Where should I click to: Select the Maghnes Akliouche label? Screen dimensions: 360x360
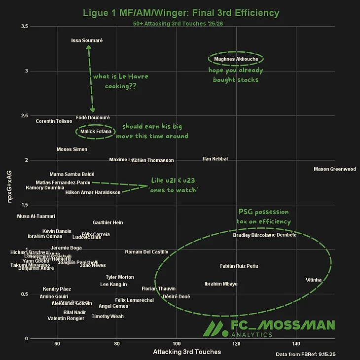pyautogui.click(x=236, y=59)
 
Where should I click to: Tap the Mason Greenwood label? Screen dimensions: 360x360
pyautogui.click(x=334, y=169)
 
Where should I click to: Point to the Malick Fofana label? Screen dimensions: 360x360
pyautogui.click(x=96, y=132)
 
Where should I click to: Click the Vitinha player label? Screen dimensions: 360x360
pyautogui.click(x=314, y=280)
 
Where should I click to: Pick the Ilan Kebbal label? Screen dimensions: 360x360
pyautogui.click(x=216, y=159)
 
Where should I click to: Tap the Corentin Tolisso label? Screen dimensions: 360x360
pyautogui.click(x=54, y=121)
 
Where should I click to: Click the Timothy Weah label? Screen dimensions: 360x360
pyautogui.click(x=108, y=317)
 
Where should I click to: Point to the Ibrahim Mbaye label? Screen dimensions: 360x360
pyautogui.click(x=221, y=284)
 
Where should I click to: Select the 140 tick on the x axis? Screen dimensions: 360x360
pyautogui.click(x=296, y=344)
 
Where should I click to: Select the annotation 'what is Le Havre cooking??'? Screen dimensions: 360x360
pyautogui.click(x=120, y=81)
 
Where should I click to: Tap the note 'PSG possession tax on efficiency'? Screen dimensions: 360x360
pyautogui.click(x=264, y=216)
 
